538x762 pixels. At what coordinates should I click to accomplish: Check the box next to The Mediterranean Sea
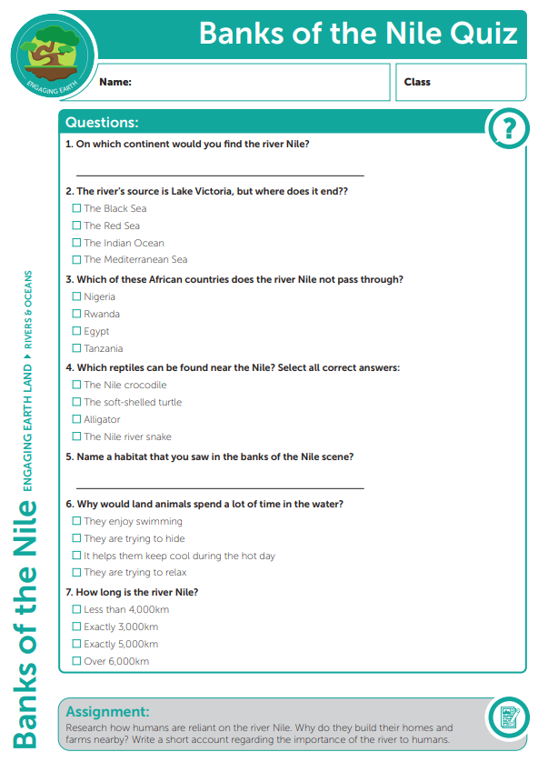point(77,260)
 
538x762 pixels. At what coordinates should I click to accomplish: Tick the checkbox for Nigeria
point(77,297)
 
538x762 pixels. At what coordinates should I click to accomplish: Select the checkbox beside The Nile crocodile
point(77,386)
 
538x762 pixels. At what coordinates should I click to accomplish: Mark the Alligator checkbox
point(77,420)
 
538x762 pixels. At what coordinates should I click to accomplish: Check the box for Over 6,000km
point(77,662)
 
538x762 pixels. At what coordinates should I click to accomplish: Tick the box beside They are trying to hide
point(77,539)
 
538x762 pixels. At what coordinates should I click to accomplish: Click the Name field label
point(115,82)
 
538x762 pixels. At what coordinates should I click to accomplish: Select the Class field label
point(417,82)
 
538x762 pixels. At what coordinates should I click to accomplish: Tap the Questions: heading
point(102,123)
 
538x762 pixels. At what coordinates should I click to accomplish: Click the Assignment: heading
point(107,712)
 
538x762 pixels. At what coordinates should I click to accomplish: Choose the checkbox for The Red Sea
point(77,226)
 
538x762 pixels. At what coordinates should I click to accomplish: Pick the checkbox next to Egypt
point(77,332)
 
